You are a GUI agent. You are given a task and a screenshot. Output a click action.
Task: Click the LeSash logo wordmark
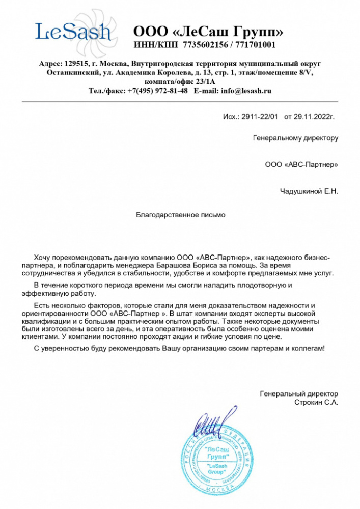73,33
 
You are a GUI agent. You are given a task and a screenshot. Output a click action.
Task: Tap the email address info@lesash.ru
243,91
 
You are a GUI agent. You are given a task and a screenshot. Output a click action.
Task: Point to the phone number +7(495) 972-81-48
157,91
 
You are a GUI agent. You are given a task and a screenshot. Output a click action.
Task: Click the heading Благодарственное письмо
180,215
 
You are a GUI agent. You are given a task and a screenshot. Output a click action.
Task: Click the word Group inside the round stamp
219,473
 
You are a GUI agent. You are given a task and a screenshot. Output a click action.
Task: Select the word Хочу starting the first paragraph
43,257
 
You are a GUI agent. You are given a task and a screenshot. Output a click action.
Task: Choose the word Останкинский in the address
70,73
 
